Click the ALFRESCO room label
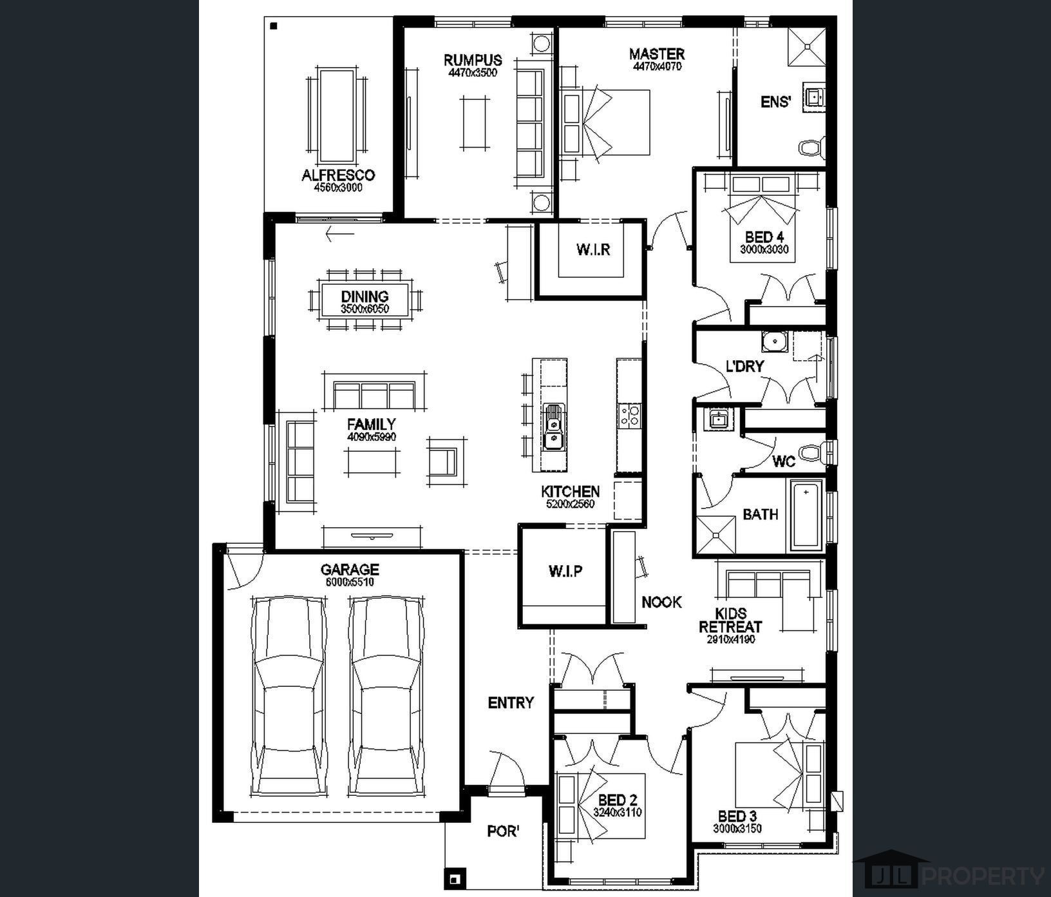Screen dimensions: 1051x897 pos(338,175)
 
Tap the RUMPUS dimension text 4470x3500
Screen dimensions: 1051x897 pos(473,73)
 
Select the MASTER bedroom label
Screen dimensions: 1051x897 pos(657,53)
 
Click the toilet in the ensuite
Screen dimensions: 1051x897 pos(812,148)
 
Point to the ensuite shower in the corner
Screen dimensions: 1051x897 pos(807,46)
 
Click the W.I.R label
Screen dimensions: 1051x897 pos(593,249)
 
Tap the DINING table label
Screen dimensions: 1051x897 pos(365,296)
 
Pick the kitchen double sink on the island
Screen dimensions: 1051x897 pos(553,426)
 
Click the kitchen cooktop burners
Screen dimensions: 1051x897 pos(629,415)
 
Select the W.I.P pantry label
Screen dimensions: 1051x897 pos(566,571)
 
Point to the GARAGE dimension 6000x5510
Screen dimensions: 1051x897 pos(350,582)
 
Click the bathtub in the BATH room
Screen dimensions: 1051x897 pos(806,516)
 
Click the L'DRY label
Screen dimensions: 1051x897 pos(744,366)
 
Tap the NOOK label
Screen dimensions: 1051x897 pos(661,602)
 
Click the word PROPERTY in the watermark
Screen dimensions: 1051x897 pos(983,876)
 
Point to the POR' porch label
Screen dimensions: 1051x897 pos(503,831)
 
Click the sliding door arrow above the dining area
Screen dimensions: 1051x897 pos(340,234)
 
